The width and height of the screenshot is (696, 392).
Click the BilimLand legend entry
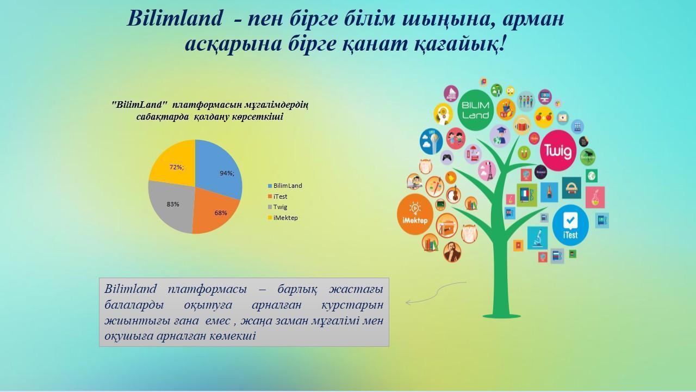(x=285, y=186)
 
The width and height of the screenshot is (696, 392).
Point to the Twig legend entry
(x=277, y=207)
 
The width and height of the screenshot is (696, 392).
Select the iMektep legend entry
(x=283, y=218)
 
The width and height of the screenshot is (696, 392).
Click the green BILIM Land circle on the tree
(x=475, y=110)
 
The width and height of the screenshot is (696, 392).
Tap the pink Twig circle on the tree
(x=558, y=151)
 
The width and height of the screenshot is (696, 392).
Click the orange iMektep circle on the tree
(x=415, y=214)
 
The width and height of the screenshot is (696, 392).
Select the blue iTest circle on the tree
(x=570, y=225)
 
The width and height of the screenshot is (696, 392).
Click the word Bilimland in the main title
(x=175, y=18)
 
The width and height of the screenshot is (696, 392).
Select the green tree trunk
(x=501, y=265)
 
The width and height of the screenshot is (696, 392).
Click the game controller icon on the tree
(x=447, y=157)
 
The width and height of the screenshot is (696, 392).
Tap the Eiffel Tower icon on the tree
(x=487, y=170)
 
